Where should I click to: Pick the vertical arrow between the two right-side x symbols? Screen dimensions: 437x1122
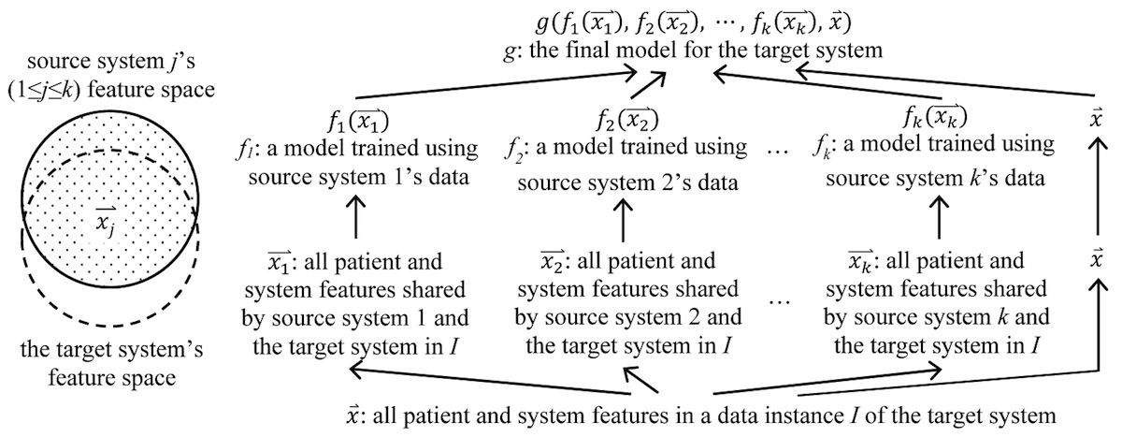1095,202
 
